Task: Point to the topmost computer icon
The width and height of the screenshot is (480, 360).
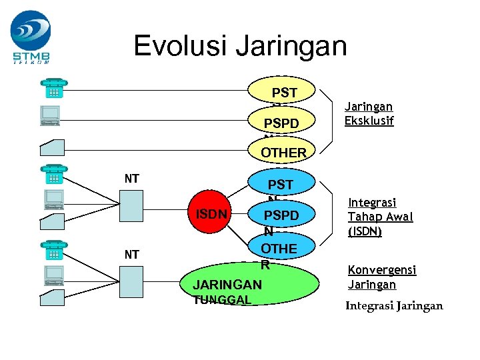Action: (51, 115)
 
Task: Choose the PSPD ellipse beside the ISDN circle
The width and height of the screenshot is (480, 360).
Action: (281, 216)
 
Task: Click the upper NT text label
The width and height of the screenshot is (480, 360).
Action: (131, 178)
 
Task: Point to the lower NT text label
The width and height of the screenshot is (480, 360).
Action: (131, 254)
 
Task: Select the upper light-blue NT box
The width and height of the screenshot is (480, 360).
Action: (131, 204)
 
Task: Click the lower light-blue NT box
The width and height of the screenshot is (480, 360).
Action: (131, 280)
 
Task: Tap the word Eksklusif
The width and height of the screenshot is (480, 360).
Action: (369, 121)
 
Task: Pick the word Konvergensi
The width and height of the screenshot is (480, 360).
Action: (382, 270)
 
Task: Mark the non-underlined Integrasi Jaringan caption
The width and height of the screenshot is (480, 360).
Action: (393, 306)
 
